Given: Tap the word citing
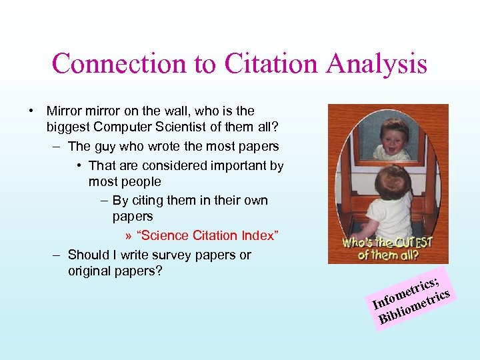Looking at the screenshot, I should click(148, 201).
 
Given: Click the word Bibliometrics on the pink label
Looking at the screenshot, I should click(416, 306).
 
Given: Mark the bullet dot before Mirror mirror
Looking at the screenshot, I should click(32, 111).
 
